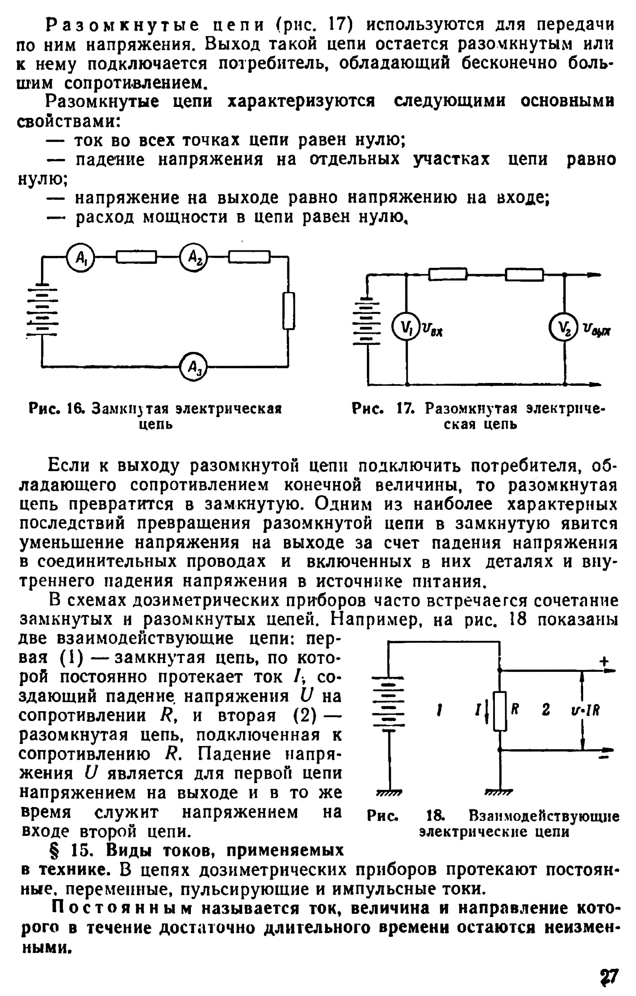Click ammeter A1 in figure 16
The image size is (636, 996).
pos(81,258)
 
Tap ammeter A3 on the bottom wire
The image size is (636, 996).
pos(193,366)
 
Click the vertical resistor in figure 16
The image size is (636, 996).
pos(289,311)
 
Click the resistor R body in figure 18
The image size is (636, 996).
pos(500,711)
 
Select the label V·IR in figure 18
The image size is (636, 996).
pos(585,711)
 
